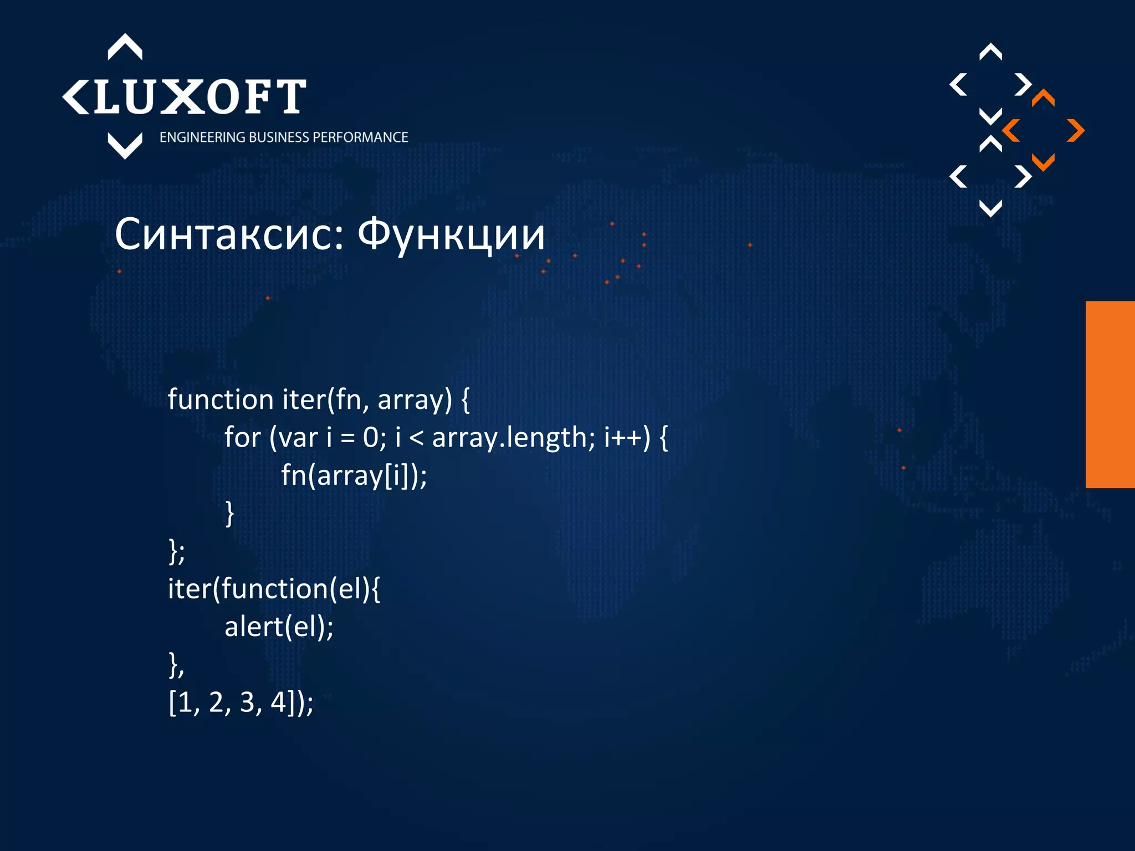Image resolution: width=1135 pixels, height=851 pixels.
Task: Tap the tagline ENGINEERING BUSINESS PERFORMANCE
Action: (x=283, y=137)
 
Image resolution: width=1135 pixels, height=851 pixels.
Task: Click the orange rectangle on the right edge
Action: (x=1110, y=394)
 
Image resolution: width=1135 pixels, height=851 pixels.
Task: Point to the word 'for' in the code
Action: (x=242, y=438)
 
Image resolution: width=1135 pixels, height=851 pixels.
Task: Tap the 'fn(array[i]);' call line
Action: (x=354, y=475)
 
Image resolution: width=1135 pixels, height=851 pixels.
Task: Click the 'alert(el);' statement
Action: (x=279, y=627)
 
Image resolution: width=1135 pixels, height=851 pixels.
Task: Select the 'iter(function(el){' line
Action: (x=274, y=588)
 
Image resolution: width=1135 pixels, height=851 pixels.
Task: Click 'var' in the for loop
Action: (x=298, y=438)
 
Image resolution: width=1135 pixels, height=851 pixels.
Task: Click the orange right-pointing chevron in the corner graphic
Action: (x=1076, y=131)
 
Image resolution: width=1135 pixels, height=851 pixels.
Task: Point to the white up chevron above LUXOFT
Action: (x=125, y=47)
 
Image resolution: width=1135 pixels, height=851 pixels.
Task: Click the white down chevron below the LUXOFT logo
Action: (x=125, y=145)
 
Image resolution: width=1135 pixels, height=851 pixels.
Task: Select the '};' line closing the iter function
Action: (x=176, y=552)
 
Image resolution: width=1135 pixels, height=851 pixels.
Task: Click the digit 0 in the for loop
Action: (x=370, y=438)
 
